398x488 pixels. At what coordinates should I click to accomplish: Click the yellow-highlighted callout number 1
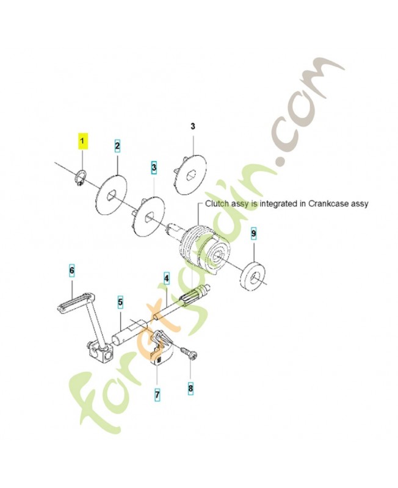[82, 142]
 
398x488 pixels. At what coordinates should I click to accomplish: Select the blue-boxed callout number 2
[118, 146]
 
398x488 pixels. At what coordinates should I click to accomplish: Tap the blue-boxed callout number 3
[154, 167]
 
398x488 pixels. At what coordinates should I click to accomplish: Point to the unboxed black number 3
[192, 127]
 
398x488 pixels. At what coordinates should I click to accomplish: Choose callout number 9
[254, 234]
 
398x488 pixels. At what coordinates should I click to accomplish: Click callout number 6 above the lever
[71, 270]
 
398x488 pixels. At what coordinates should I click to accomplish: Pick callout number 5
[120, 301]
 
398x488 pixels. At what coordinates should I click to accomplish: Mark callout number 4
[165, 279]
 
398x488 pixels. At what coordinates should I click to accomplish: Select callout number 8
[190, 387]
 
